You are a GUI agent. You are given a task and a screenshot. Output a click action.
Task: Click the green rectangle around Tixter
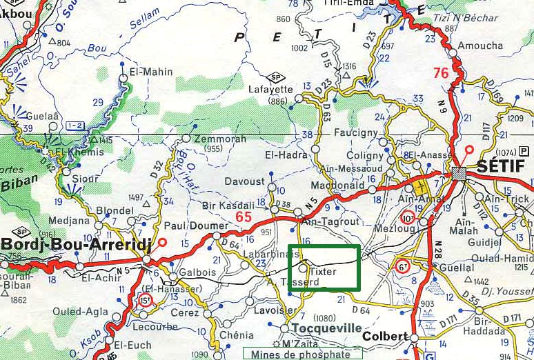pyautogui.click(x=324, y=268)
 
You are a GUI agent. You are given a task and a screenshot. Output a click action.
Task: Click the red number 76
pyautogui.click(x=441, y=72)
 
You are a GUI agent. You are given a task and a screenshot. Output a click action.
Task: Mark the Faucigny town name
pyautogui.click(x=356, y=131)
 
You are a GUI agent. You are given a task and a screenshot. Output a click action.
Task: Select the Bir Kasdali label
pyautogui.click(x=228, y=205)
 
